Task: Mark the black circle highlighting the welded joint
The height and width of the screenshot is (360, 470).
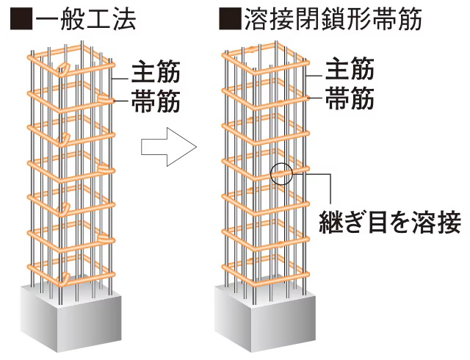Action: [x=281, y=173]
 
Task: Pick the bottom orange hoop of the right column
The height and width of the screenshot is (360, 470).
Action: [x=264, y=276]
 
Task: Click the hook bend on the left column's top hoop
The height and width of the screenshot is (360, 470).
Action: [x=65, y=71]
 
